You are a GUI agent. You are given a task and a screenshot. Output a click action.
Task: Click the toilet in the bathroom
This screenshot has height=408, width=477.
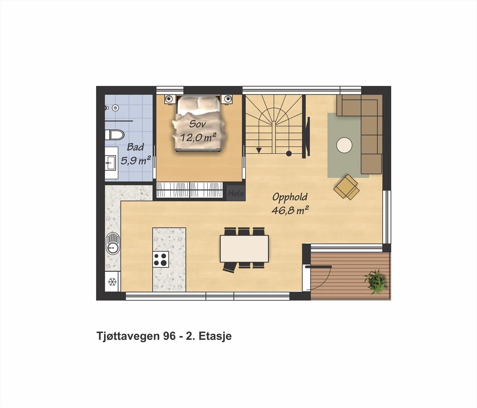[114, 135]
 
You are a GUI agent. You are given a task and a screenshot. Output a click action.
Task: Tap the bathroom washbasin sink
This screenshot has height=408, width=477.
[110, 163]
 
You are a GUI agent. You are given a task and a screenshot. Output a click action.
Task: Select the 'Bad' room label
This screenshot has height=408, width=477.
[135, 147]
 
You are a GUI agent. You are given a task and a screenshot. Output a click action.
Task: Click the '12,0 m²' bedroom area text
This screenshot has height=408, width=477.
[198, 137]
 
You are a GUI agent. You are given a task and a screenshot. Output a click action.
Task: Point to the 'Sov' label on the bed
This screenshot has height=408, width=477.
[197, 124]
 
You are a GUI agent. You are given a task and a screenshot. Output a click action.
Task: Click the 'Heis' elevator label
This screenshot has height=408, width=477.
[236, 193]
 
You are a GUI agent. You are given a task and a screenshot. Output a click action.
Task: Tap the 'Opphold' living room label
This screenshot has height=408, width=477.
[290, 197]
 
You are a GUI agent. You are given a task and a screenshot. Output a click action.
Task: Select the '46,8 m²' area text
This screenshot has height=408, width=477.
[290, 210]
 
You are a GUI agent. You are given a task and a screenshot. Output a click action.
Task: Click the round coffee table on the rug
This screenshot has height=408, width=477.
[344, 145]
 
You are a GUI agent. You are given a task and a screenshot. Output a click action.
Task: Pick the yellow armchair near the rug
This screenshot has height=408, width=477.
[347, 187]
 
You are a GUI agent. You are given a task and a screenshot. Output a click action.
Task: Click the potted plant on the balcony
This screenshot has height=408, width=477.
[375, 282]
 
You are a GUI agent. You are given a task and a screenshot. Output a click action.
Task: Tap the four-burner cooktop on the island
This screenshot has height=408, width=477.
[161, 259]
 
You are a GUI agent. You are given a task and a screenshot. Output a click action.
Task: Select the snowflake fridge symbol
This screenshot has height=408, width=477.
[112, 281]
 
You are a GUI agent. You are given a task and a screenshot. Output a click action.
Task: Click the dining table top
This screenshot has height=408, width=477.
[244, 248]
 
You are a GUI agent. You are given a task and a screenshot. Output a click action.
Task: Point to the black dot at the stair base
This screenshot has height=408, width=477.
[289, 154]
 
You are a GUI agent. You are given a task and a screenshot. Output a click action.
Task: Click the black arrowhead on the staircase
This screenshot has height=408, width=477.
[259, 150]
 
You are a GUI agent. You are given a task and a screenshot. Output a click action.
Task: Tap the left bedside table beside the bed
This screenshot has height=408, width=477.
[169, 99]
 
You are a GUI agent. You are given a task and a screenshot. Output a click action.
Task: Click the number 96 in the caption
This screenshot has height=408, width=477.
[169, 336]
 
